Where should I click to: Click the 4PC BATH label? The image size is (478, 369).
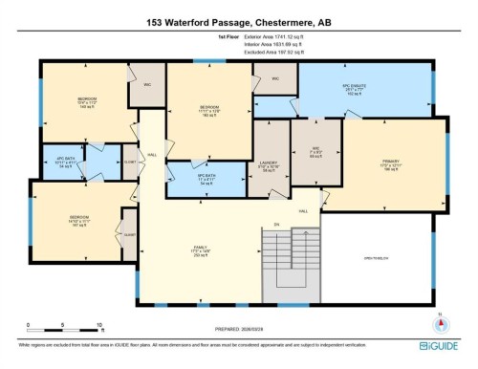[x=65, y=162]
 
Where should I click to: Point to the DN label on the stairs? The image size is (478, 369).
[x=276, y=225]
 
